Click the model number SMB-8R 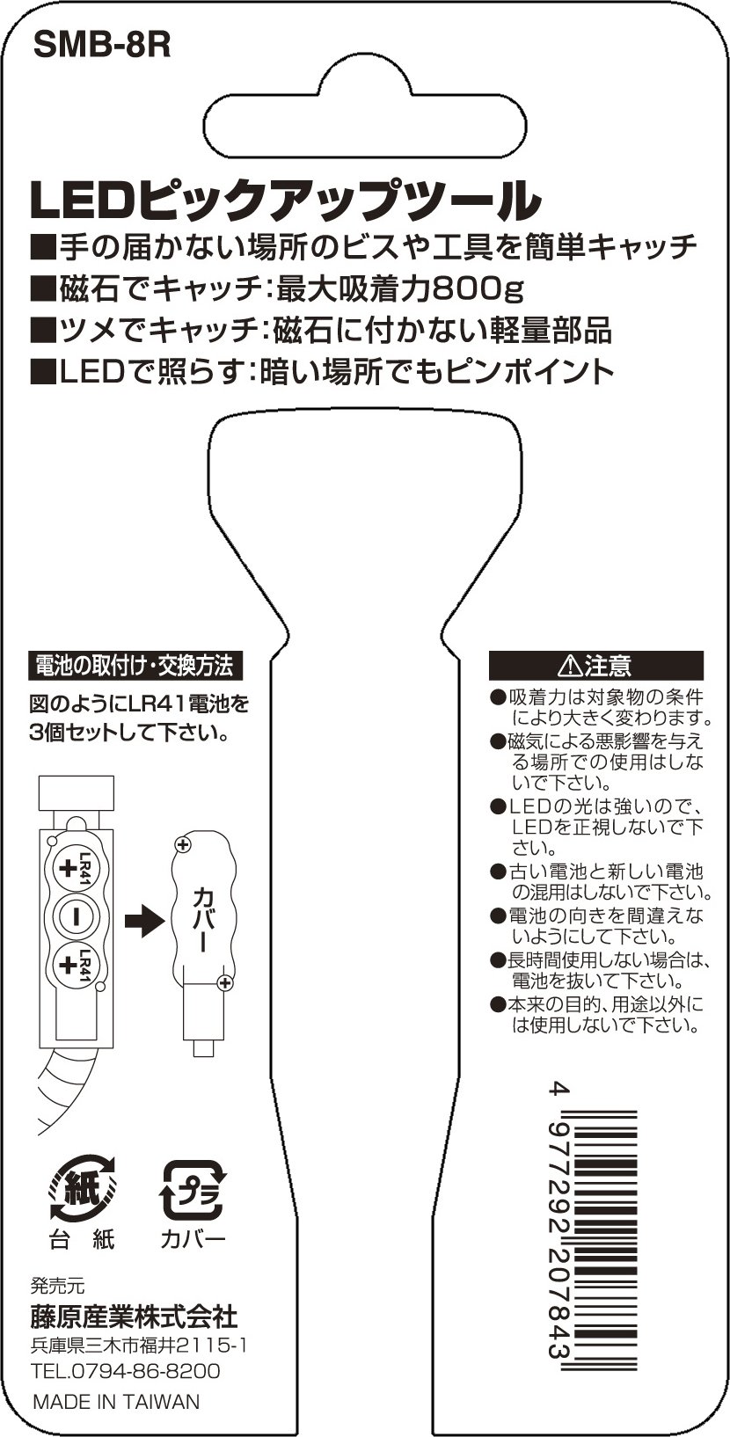(x=102, y=46)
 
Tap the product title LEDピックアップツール (x=286, y=201)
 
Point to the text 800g (x=478, y=290)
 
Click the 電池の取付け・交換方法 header (x=135, y=667)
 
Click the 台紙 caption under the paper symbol (x=82, y=1239)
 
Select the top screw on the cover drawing (x=183, y=845)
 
